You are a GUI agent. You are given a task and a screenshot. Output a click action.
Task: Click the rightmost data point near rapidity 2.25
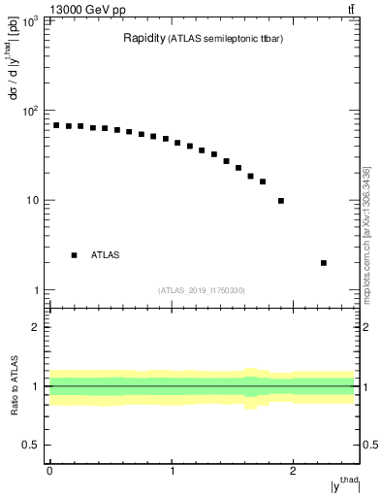click(323, 262)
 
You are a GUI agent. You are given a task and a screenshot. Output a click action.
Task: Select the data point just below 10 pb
click(281, 201)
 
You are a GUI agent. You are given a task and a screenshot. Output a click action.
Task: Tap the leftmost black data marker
click(56, 125)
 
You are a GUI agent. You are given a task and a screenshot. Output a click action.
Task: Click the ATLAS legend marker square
click(74, 255)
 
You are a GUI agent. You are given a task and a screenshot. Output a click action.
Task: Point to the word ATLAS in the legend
click(106, 255)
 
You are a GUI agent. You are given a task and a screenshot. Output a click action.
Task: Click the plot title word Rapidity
click(143, 39)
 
